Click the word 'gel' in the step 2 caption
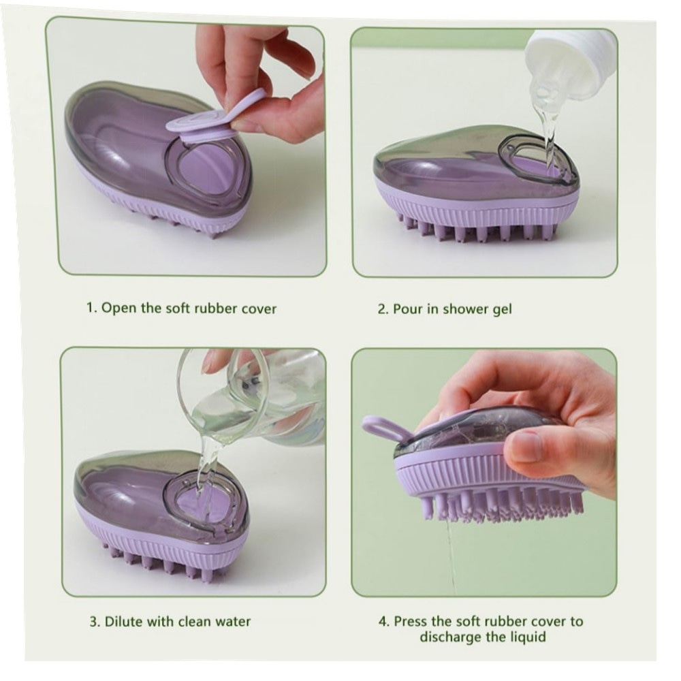click(x=502, y=310)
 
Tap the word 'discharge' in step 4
click(x=450, y=638)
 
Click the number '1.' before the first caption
click(x=91, y=308)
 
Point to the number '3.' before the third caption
click(x=95, y=622)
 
